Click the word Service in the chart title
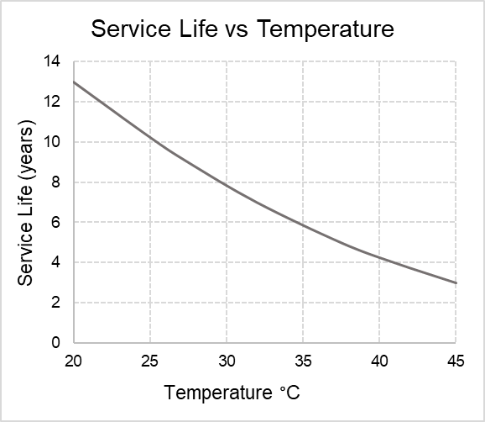click(131, 29)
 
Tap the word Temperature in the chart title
click(326, 29)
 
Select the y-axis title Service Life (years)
click(26, 203)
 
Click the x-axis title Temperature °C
click(232, 393)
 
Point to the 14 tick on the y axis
click(52, 61)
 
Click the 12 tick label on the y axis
click(52, 102)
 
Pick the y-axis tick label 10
click(52, 141)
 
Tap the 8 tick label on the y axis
click(55, 182)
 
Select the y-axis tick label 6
click(55, 222)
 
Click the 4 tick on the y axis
click(55, 262)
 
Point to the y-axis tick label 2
click(55, 303)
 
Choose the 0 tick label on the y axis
click(55, 342)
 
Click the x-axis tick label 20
click(73, 361)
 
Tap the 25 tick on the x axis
click(149, 361)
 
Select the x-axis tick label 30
click(227, 361)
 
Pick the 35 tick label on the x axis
click(303, 361)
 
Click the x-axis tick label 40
click(379, 361)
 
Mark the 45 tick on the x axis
click(456, 361)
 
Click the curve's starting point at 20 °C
click(74, 82)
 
